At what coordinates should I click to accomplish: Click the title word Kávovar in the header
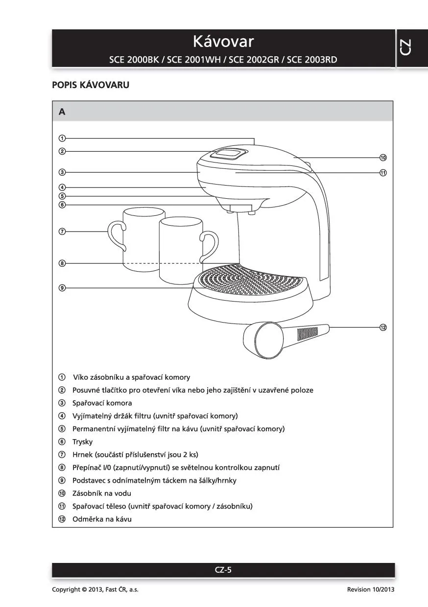(x=223, y=41)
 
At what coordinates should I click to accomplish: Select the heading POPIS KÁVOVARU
(x=91, y=85)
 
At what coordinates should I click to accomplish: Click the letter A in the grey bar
(x=62, y=112)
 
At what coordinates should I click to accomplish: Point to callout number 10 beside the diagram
(x=383, y=158)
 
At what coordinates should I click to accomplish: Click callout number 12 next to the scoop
(x=383, y=327)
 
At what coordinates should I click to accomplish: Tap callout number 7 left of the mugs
(x=62, y=232)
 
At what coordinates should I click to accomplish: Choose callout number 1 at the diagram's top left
(x=62, y=138)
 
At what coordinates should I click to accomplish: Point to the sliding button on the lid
(x=228, y=154)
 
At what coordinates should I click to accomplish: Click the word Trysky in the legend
(x=82, y=442)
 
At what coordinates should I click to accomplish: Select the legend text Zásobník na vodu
(x=101, y=493)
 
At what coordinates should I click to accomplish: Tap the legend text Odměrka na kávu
(x=102, y=519)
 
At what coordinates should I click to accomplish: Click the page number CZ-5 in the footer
(x=223, y=569)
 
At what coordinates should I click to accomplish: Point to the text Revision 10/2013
(x=370, y=589)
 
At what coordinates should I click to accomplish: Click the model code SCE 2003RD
(x=311, y=60)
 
